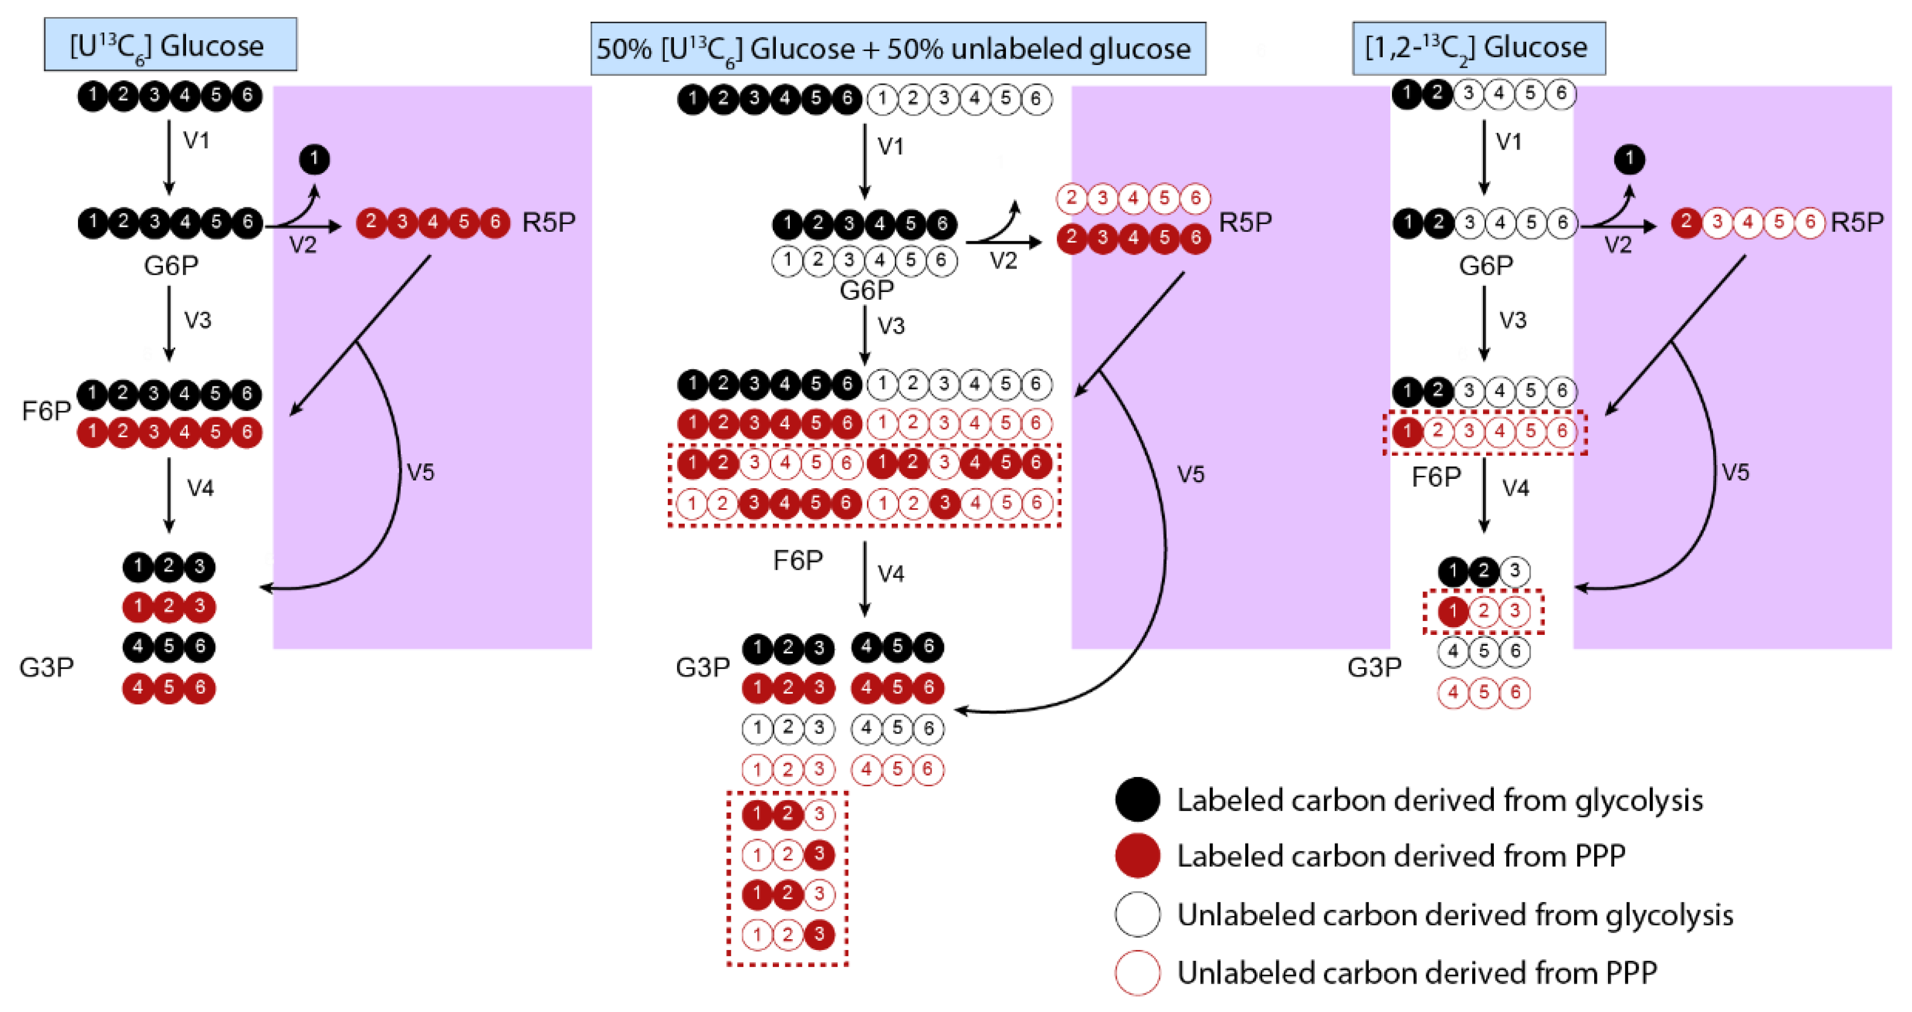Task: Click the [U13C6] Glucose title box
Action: point(170,45)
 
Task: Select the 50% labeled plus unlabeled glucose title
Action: point(897,49)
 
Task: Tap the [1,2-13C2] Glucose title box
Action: point(1478,48)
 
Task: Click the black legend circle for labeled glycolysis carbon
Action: point(1137,800)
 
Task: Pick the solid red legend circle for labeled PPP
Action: point(1137,855)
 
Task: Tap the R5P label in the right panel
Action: point(1857,222)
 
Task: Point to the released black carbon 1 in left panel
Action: point(314,159)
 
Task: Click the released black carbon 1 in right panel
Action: point(1629,159)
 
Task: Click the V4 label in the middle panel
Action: point(891,573)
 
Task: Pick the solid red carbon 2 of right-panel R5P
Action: point(1686,222)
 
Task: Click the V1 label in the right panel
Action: point(1508,141)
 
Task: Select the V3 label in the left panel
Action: point(197,320)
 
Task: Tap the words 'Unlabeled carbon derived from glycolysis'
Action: point(1455,915)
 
